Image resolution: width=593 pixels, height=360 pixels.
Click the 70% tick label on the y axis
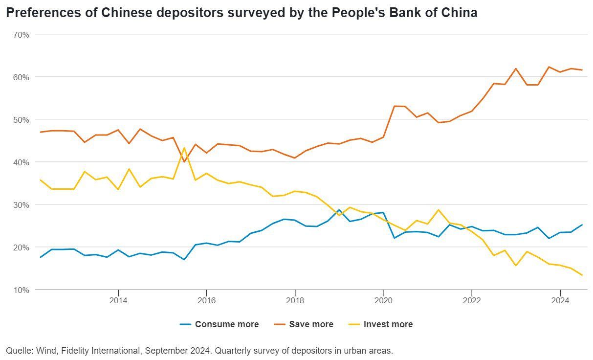(x=22, y=35)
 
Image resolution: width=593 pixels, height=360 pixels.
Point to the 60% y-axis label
(x=22, y=77)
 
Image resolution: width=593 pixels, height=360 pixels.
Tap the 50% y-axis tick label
(x=22, y=120)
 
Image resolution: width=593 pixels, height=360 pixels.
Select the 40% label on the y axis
(x=22, y=162)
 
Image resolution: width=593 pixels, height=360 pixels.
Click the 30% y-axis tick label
(x=22, y=205)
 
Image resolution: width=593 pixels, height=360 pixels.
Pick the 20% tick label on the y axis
(x=22, y=247)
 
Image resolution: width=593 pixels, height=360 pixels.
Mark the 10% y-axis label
(x=22, y=290)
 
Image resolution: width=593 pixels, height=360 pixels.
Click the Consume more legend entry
(x=226, y=324)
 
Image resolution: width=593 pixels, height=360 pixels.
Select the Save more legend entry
(x=311, y=324)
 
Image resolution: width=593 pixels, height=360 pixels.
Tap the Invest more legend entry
(x=388, y=324)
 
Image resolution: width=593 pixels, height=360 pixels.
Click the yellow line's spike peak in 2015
(x=184, y=148)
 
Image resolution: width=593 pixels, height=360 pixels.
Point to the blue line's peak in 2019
(x=339, y=210)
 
